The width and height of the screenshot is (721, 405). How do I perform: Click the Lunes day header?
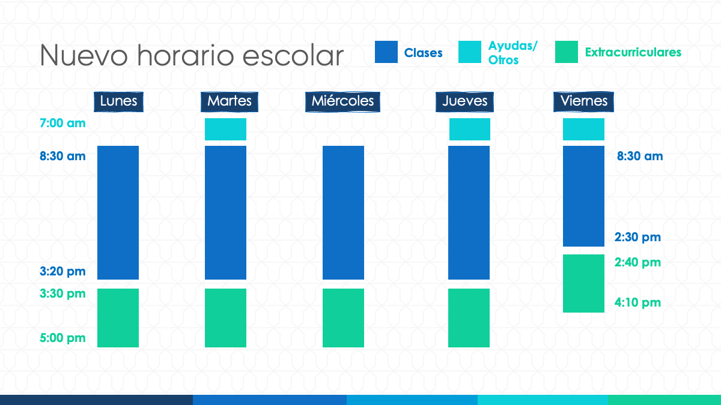click(118, 101)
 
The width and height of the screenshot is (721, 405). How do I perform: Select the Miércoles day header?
click(342, 101)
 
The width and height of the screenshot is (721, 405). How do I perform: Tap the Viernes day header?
click(583, 101)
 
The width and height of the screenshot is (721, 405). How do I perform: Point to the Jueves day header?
click(464, 101)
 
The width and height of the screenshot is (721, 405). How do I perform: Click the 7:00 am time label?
click(62, 123)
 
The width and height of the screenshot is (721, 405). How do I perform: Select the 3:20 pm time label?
click(62, 272)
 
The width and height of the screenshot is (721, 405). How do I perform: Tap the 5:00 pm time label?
click(62, 338)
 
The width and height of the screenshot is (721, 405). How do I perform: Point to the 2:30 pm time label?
click(637, 238)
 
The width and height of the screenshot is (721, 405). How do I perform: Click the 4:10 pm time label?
click(637, 303)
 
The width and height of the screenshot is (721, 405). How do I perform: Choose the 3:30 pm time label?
click(62, 294)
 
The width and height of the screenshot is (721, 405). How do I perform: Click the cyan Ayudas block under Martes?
click(226, 129)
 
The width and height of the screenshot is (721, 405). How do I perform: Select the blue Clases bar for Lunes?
click(118, 213)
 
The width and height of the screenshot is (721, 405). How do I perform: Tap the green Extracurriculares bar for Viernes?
click(583, 283)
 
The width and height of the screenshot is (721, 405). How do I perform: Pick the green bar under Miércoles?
click(344, 318)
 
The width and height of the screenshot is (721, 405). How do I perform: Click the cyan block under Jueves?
click(470, 129)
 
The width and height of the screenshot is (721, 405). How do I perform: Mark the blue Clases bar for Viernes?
click(583, 196)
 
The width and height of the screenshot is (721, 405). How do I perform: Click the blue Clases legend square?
click(386, 52)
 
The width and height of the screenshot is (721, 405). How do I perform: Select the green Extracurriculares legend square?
click(567, 52)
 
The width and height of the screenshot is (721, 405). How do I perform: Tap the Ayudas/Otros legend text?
click(513, 53)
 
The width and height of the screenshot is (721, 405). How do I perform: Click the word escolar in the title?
click(293, 56)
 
